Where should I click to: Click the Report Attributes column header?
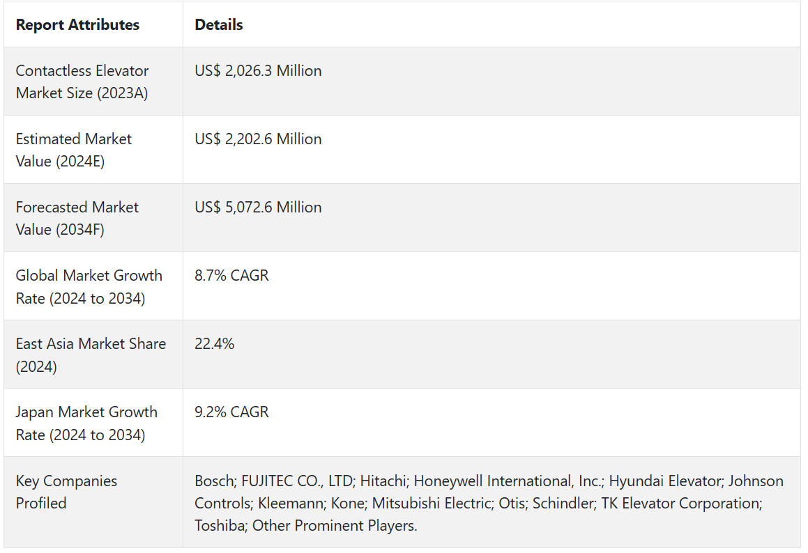pos(77,25)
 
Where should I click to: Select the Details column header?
pos(219,25)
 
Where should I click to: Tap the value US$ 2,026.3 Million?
pos(258,71)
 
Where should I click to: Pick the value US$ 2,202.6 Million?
pos(258,139)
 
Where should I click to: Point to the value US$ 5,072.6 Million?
pos(258,208)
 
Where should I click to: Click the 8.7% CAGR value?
pos(231,276)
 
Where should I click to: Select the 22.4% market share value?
pos(215,344)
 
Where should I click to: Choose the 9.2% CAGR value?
pos(231,412)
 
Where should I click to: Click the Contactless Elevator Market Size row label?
pos(82,81)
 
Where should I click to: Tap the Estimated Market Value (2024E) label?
pos(73,150)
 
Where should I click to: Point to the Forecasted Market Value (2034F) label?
pos(77,218)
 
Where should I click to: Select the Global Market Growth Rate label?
pos(89,286)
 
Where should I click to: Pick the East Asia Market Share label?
pos(91,355)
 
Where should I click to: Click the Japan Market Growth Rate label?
pos(86,423)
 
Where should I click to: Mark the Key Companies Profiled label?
pos(66,492)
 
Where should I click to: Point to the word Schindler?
pos(563,504)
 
